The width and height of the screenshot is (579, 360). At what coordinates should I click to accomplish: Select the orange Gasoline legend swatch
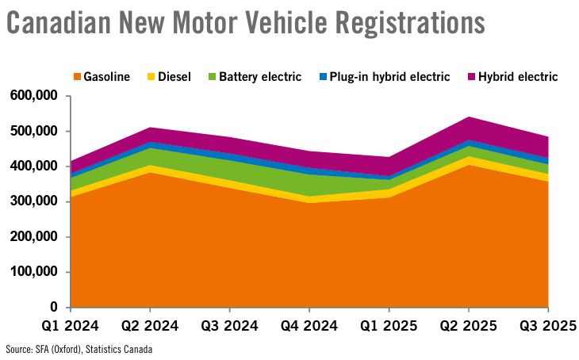coord(77,78)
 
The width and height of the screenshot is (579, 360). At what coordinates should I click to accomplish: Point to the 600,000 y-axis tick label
coord(34,96)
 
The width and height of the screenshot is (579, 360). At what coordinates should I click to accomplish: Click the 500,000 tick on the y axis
coord(34,132)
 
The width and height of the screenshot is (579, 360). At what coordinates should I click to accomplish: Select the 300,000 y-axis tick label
coord(34,201)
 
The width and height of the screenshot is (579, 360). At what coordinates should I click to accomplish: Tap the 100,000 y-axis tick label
coord(34,272)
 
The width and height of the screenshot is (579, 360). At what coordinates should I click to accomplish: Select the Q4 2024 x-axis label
coord(309,325)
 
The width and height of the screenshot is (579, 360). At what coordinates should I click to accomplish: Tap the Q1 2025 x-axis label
coord(389,325)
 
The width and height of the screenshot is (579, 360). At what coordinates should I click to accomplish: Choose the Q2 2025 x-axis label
coord(469,325)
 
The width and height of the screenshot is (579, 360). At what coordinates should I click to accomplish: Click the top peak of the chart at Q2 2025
coord(469,117)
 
